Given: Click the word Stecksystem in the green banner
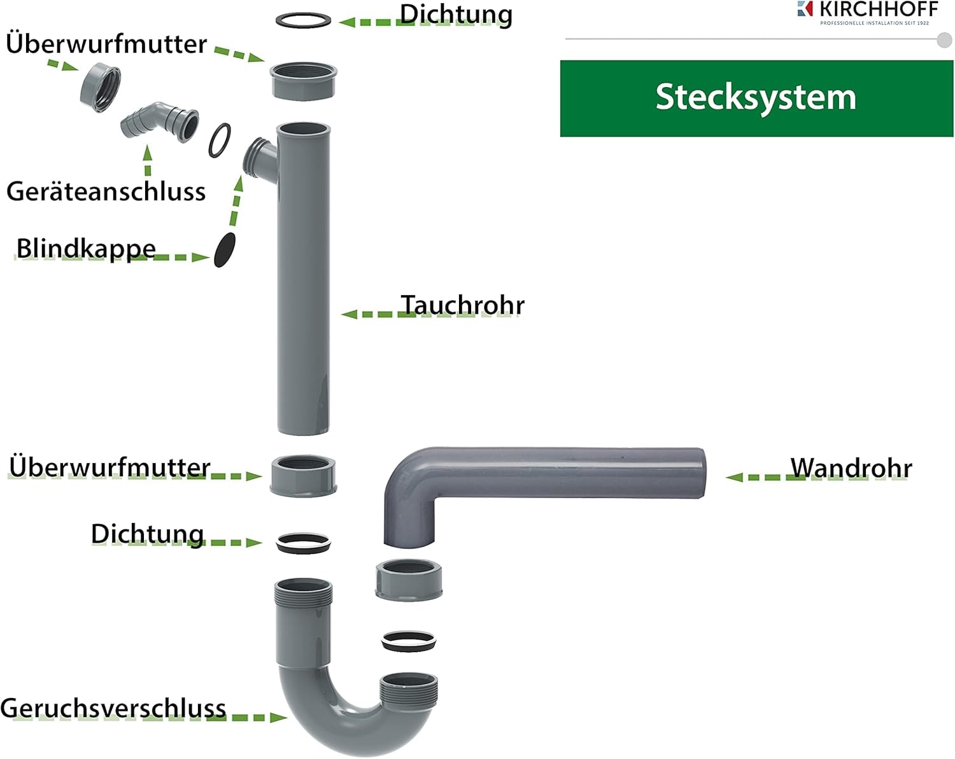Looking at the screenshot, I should click(756, 97).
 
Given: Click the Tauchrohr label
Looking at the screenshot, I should click(462, 305).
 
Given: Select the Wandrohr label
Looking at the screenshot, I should click(851, 468).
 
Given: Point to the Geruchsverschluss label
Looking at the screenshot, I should click(113, 708).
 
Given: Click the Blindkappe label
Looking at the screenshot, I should click(86, 249).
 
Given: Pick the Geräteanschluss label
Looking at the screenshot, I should click(106, 191).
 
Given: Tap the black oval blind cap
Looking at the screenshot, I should click(224, 249).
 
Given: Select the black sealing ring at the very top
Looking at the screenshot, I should click(304, 20).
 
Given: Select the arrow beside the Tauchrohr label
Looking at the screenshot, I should click(369, 314).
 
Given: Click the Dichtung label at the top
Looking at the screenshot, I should click(456, 15).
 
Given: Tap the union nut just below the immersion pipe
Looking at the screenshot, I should click(303, 475).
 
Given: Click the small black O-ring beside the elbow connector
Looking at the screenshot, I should click(220, 141).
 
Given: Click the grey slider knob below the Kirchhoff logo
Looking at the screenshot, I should click(944, 40).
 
